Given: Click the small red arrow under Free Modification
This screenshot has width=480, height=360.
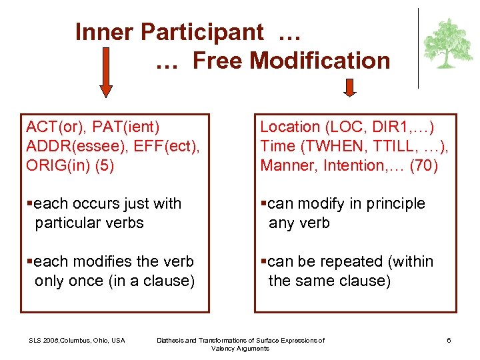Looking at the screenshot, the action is click(350, 87).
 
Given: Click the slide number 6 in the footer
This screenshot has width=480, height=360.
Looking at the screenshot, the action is click(449, 341).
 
